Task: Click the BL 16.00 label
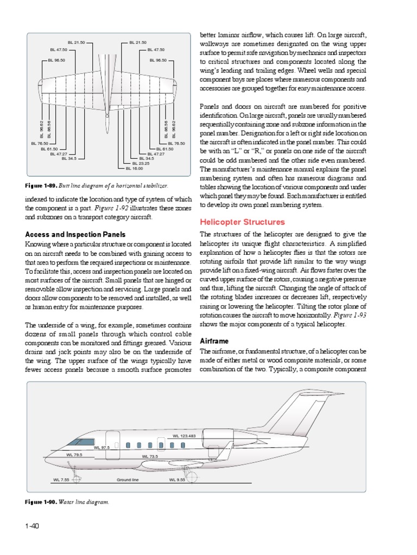(134, 169)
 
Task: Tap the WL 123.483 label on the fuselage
(184, 436)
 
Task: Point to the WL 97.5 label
(102, 448)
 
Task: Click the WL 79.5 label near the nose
(74, 455)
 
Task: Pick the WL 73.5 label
(150, 456)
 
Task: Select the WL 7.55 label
(61, 480)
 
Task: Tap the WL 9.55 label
(177, 480)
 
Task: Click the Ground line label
(128, 480)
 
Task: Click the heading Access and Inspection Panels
(75, 235)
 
